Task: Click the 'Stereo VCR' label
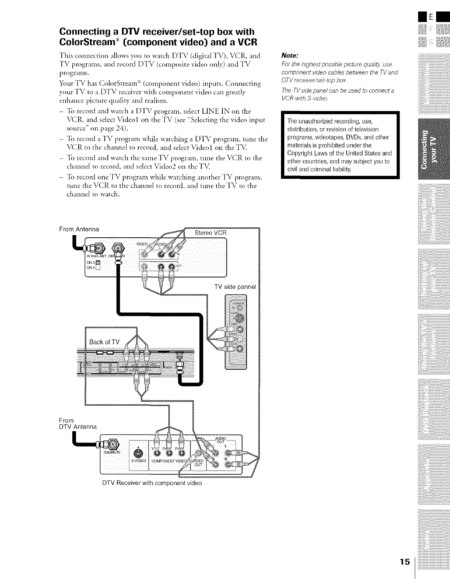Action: click(210, 233)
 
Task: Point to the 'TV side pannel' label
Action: click(235, 287)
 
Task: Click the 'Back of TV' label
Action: click(104, 342)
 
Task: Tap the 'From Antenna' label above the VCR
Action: click(79, 229)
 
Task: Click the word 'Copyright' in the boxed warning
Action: click(301, 153)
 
